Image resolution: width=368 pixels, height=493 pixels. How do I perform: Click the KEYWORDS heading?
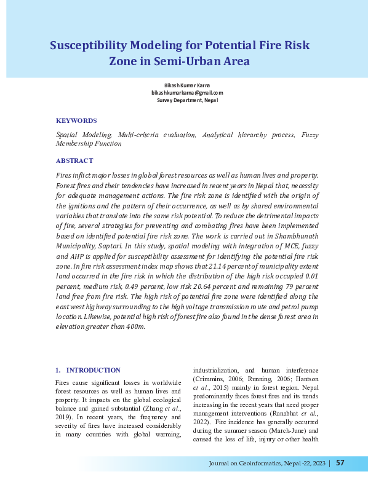tap(76, 120)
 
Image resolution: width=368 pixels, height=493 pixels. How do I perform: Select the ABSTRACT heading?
tap(74, 160)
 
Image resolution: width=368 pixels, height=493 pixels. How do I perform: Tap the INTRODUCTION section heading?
tap(93, 370)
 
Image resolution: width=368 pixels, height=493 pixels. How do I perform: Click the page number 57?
tap(340, 463)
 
